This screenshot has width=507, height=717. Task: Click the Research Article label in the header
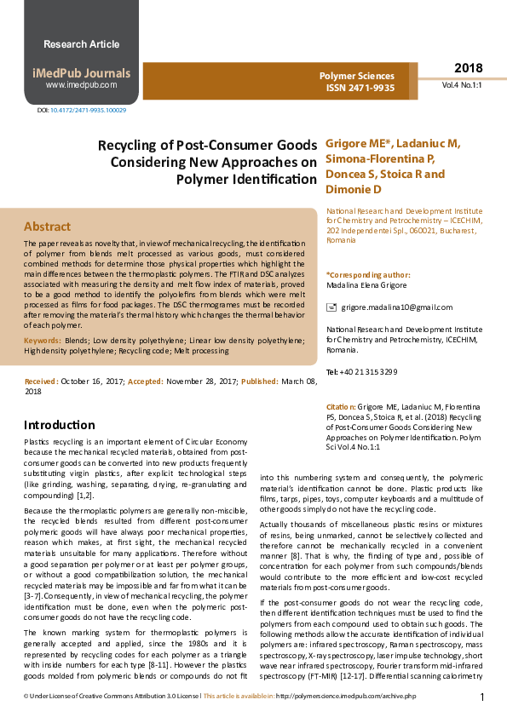(81, 44)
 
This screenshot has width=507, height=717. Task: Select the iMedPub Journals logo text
(82, 73)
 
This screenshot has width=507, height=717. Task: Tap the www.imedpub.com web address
(81, 85)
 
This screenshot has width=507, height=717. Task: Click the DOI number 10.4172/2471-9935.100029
(88, 111)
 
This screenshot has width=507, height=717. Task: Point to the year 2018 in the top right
(468, 68)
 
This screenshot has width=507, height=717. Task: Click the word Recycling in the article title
(130, 146)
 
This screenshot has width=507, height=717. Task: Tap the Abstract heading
(47, 227)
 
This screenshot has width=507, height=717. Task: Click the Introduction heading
(59, 425)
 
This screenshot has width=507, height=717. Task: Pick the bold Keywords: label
(43, 340)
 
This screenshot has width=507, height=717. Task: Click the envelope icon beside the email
(332, 307)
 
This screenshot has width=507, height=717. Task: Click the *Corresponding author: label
(368, 275)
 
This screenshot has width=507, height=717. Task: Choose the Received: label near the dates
(40, 382)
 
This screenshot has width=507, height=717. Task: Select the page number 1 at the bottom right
(482, 697)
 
